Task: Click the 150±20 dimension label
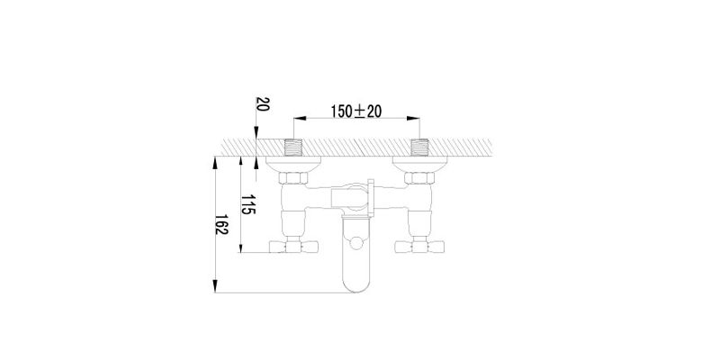[356, 111]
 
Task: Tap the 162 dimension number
[221, 224]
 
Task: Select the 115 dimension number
[248, 204]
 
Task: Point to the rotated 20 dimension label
[263, 104]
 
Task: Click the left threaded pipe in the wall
[293, 148]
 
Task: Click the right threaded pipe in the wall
[419, 148]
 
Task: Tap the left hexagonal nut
[293, 178]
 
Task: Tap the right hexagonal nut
[419, 178]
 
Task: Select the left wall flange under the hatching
[293, 164]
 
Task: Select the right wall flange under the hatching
[419, 164]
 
